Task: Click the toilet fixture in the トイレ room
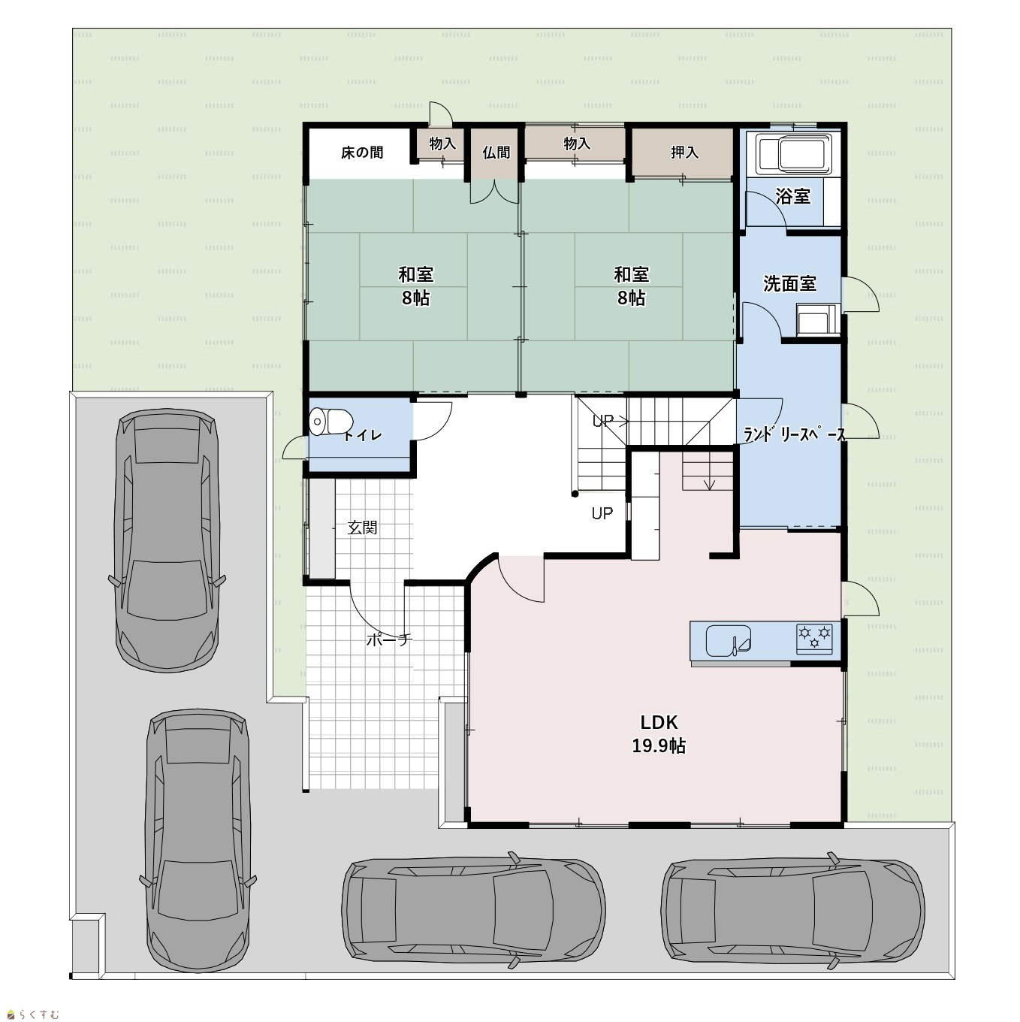[x=330, y=422]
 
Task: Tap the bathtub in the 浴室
[x=793, y=154]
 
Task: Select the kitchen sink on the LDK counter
[x=729, y=640]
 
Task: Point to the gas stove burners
[x=814, y=638]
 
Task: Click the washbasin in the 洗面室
[x=817, y=320]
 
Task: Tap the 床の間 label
[x=362, y=153]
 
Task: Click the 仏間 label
[x=496, y=153]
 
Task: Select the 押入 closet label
[x=684, y=153]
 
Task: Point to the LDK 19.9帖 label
[x=659, y=734]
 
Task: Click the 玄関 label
[x=363, y=528]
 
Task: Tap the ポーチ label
[x=389, y=640]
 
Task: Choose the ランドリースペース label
[x=794, y=435]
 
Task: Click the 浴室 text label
[x=793, y=196]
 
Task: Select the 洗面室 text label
[x=790, y=283]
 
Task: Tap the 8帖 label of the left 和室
[x=415, y=298]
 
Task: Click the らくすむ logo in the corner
[x=33, y=1014]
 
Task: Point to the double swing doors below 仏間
[x=494, y=192]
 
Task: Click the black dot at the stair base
[x=575, y=494]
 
